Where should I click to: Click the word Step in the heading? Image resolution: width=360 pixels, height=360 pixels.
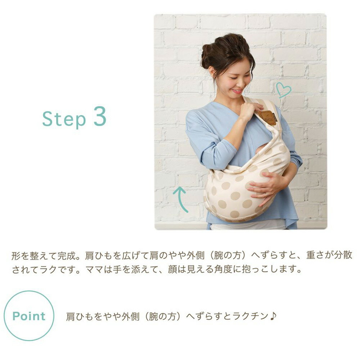pos(64,119)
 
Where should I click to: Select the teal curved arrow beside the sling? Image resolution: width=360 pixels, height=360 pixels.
pos(181,199)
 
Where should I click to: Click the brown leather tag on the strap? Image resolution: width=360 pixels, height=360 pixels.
pos(268,117)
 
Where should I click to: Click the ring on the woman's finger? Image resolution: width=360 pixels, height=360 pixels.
pos(266,194)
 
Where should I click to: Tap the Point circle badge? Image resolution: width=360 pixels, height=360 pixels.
pos(29,316)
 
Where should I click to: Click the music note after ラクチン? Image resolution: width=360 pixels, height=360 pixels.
pos(273,316)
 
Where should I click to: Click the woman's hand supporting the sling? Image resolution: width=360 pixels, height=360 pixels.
pos(265,187)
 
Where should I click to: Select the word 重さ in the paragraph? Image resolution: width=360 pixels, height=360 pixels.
pos(315,256)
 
